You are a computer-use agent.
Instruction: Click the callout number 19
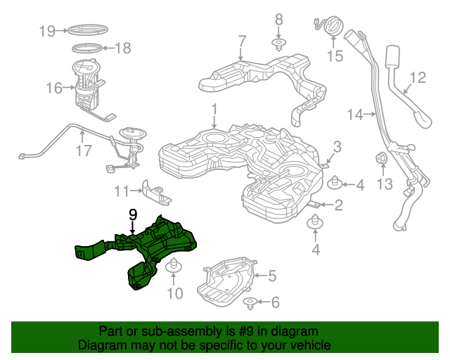tap(47, 30)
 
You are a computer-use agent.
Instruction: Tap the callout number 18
tap(122, 49)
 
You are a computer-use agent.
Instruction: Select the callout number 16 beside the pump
tap(54, 88)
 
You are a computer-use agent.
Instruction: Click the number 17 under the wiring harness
tap(84, 150)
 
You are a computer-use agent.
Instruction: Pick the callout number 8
tap(278, 19)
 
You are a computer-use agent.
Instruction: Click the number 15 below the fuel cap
tap(335, 56)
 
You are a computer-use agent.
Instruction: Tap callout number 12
tap(418, 77)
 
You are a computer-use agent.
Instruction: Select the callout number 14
tap(354, 113)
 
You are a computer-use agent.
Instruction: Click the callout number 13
tap(383, 184)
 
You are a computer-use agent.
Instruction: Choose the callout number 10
tap(174, 292)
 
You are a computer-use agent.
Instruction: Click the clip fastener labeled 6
tap(250, 303)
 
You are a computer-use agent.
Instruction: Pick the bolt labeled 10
tap(174, 267)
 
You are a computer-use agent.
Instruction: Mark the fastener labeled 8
tap(278, 45)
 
